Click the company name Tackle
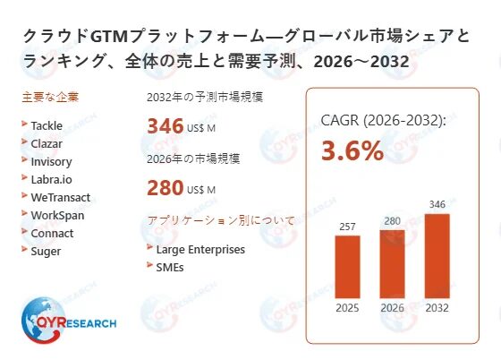pyautogui.click(x=47, y=126)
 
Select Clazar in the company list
pyautogui.click(x=47, y=144)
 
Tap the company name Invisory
pyautogui.click(x=51, y=162)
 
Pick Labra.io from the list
pyautogui.click(x=51, y=180)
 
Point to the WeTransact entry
pyautogui.click(x=60, y=198)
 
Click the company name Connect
pyautogui.click(x=52, y=234)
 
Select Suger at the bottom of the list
pyautogui.click(x=46, y=252)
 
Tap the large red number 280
pyautogui.click(x=165, y=189)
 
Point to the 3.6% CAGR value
pyautogui.click(x=352, y=150)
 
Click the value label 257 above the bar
pyautogui.click(x=347, y=227)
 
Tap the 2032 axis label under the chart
pyautogui.click(x=437, y=309)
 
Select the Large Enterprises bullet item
pyautogui.click(x=200, y=250)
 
